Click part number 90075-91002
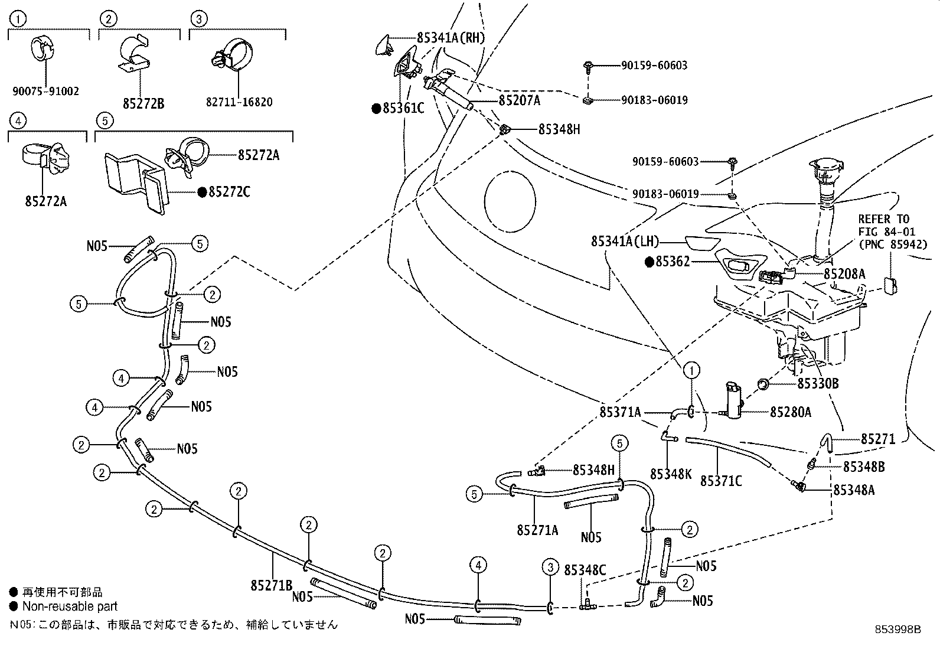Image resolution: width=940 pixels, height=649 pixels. pyautogui.click(x=45, y=92)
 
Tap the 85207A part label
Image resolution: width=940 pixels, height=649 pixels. pyautogui.click(x=519, y=100)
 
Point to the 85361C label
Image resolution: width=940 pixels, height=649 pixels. pyautogui.click(x=403, y=108)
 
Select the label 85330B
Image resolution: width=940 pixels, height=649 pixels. pyautogui.click(x=818, y=384)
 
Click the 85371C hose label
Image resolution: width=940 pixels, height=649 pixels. pyautogui.click(x=721, y=481)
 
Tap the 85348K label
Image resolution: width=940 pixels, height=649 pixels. pyautogui.click(x=671, y=474)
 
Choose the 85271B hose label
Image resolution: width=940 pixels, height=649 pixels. pyautogui.click(x=272, y=585)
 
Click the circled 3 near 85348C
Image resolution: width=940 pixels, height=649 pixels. pyautogui.click(x=550, y=568)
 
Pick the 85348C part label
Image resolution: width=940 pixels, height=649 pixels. pyautogui.click(x=585, y=570)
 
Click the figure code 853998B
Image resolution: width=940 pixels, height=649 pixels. pyautogui.click(x=898, y=630)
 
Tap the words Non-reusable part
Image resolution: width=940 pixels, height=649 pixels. pyautogui.click(x=70, y=606)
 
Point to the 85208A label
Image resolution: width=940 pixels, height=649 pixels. pyautogui.click(x=844, y=273)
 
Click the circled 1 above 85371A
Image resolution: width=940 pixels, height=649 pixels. pyautogui.click(x=691, y=370)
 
